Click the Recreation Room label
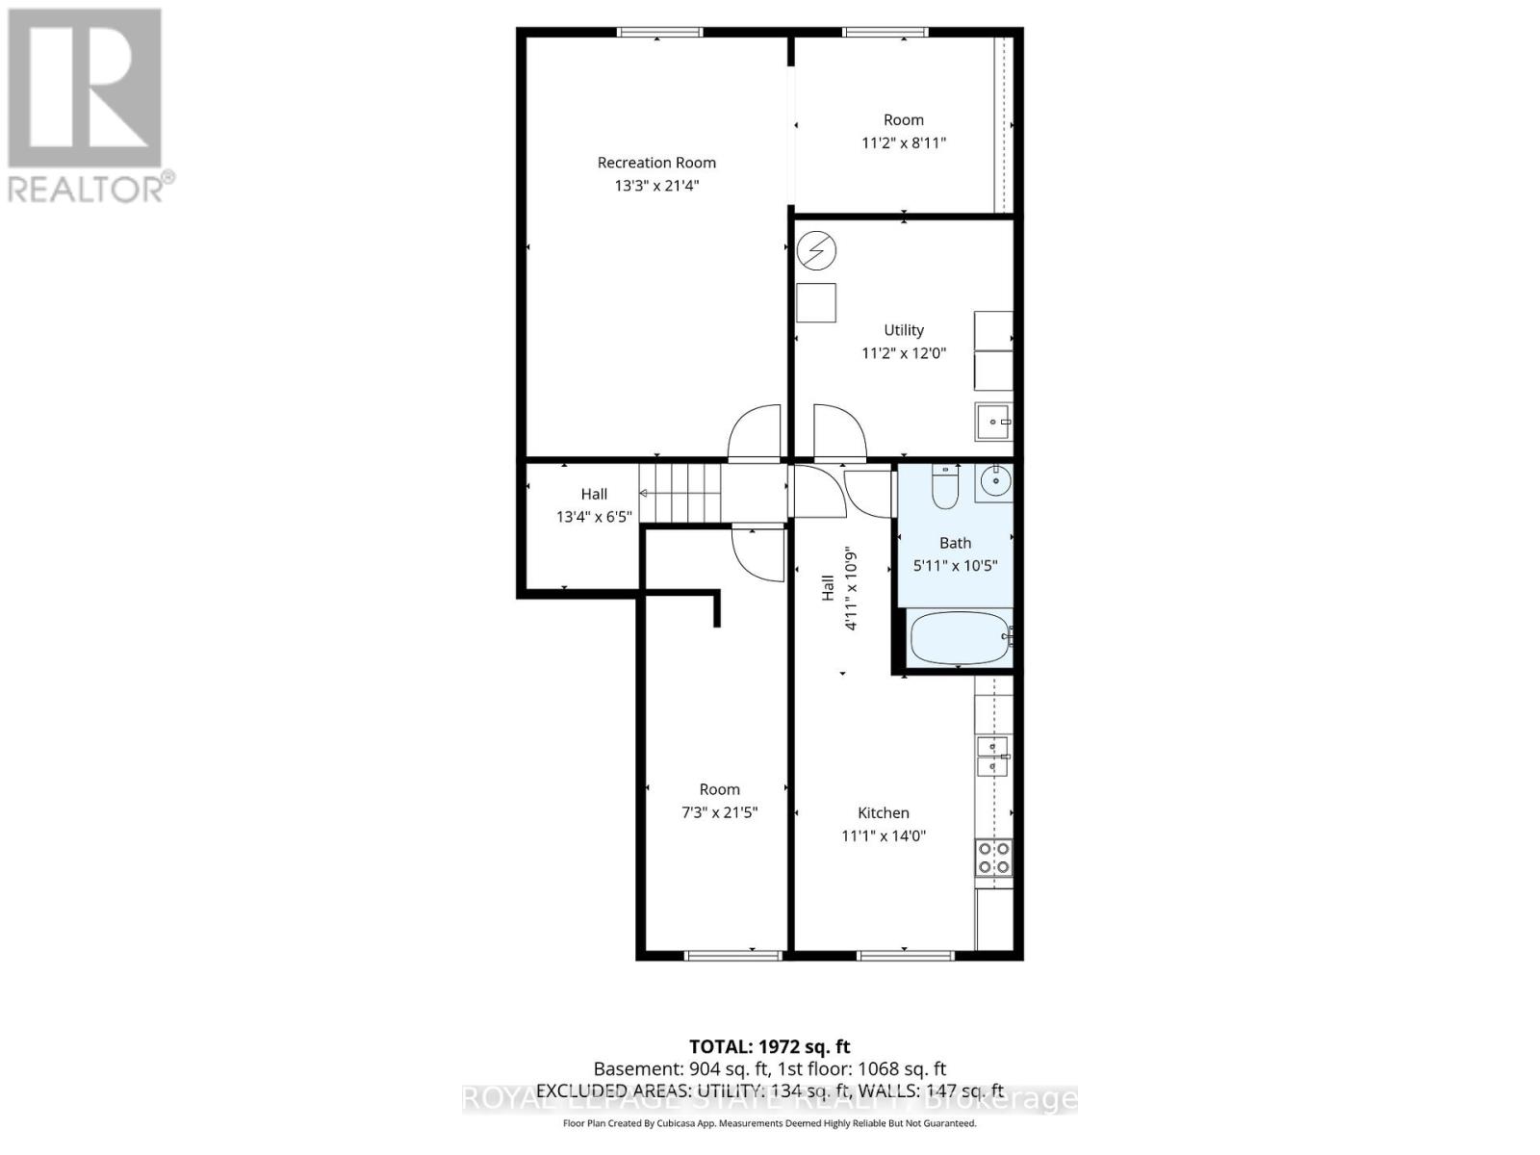[x=656, y=163]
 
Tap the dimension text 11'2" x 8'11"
[x=903, y=143]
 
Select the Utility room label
[x=903, y=330]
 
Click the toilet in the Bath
[x=945, y=488]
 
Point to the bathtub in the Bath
[x=960, y=638]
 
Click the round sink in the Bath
[x=993, y=479]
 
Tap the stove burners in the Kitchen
[x=993, y=858]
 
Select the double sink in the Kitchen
[x=992, y=757]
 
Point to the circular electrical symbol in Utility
[x=816, y=251]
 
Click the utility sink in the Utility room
[x=992, y=422]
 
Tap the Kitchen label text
[x=883, y=813]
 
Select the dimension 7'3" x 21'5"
[x=719, y=813]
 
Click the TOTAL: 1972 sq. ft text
[x=769, y=1046]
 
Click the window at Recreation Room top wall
[x=659, y=33]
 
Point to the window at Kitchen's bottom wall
[x=905, y=956]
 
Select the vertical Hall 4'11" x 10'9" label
[x=838, y=589]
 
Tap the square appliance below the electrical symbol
[x=816, y=302]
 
